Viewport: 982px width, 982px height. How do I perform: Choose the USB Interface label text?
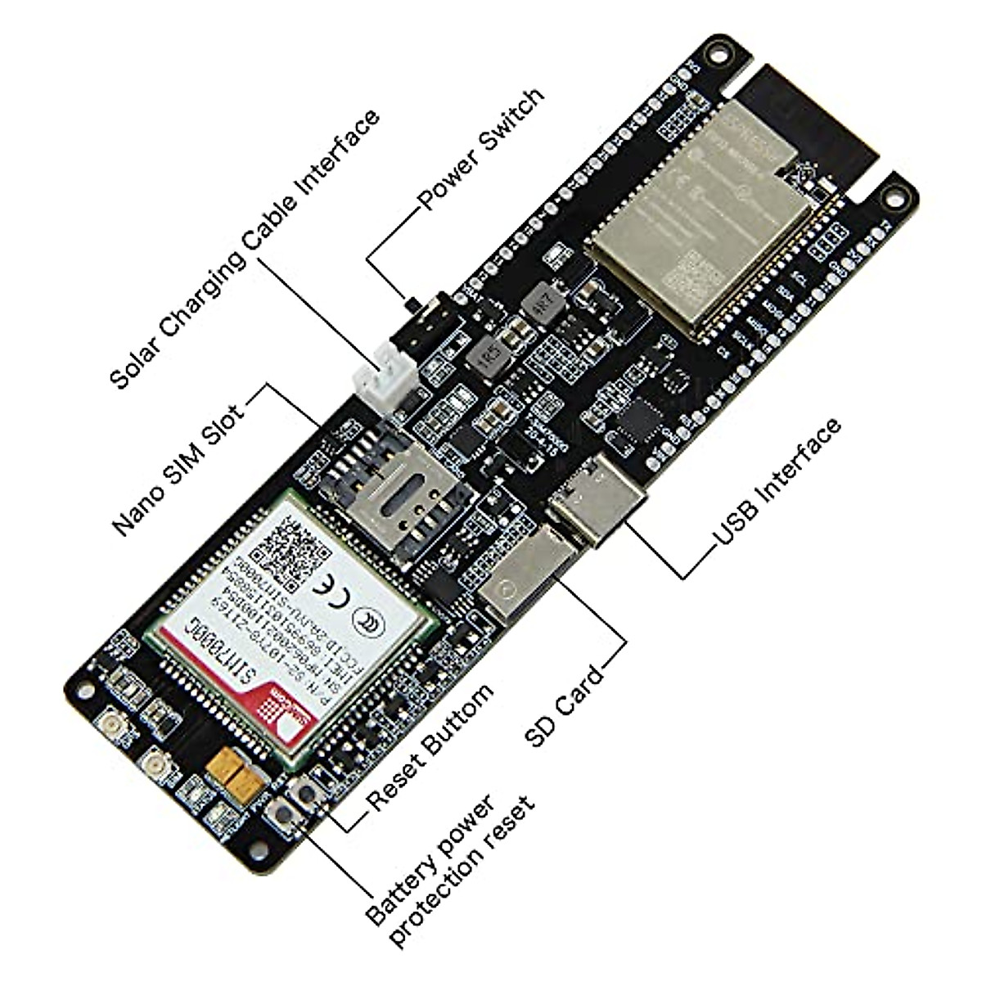pos(777,483)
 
